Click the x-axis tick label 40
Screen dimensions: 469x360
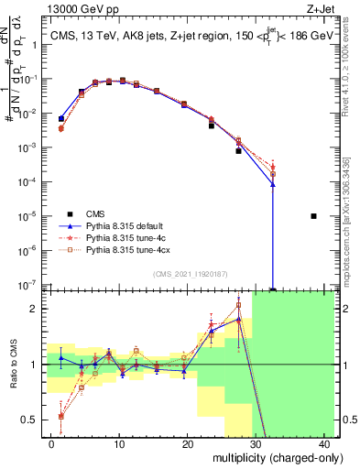(323, 443)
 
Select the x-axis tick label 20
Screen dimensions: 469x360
(188, 443)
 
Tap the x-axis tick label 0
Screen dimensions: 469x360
(51, 443)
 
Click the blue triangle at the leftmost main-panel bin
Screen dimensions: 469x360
(61, 118)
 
